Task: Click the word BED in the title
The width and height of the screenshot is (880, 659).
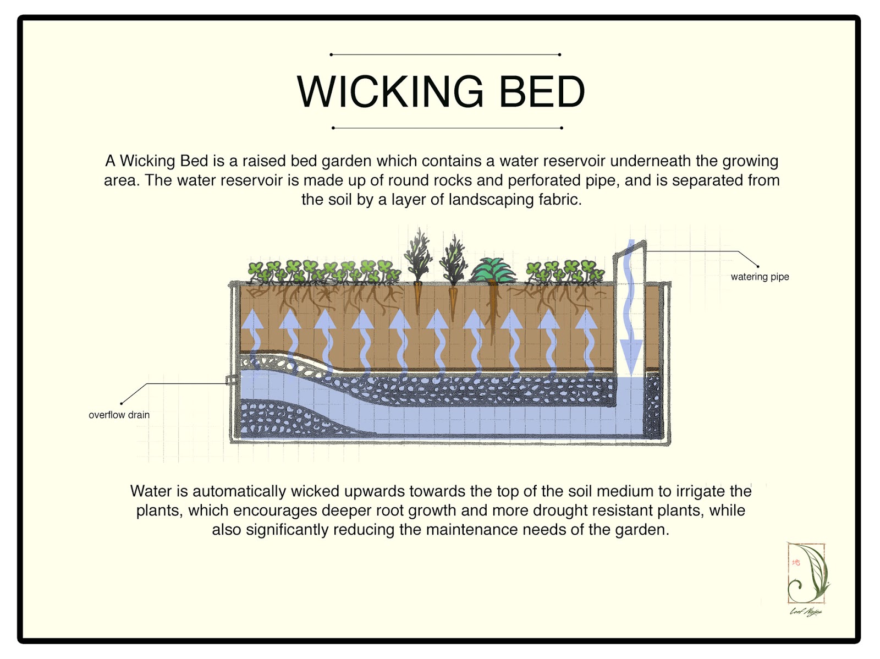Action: coord(542,92)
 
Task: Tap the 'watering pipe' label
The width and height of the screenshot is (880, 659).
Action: coord(760,277)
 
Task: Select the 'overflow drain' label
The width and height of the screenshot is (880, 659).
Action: coord(119,415)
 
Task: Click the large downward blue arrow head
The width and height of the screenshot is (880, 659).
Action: coord(631,355)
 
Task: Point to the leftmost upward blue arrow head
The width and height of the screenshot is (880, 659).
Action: coord(252,320)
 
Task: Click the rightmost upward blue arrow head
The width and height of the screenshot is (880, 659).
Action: coord(586,320)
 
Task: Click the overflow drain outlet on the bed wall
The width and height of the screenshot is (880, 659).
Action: coord(231,380)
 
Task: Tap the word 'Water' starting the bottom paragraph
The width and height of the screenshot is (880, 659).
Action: coord(151,491)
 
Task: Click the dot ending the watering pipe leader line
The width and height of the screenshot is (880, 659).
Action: coord(758,266)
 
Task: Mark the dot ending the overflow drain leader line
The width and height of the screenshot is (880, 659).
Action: coord(121,403)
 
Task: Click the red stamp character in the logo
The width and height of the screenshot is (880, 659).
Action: coord(796,562)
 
